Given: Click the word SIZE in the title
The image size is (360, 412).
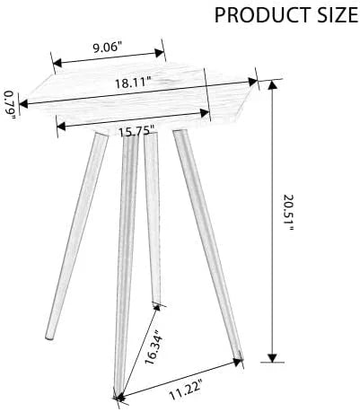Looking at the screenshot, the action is point(333,15).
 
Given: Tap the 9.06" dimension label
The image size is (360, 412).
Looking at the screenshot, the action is point(107,48).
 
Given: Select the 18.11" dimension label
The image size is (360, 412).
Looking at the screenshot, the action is point(133,83).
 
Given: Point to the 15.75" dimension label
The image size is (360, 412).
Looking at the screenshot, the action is point(136,131).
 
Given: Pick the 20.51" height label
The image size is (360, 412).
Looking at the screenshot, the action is point(288,213).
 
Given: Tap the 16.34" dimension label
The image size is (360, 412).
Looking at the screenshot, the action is point(154,347).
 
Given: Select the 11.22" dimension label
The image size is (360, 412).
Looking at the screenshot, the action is point(186,389).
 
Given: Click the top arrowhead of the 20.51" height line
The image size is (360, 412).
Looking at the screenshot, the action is point(272,85).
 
